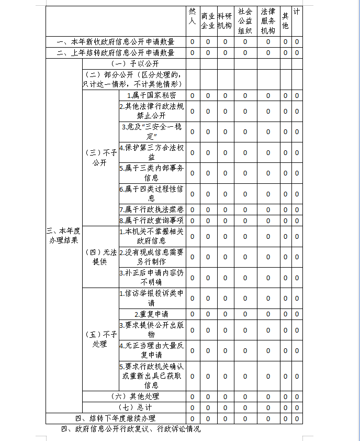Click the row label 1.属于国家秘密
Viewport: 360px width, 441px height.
152,95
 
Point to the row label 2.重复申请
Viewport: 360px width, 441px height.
152,314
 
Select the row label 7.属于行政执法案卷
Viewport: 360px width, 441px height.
152,210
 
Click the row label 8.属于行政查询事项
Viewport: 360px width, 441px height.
152,220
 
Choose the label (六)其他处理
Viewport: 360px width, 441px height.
133,396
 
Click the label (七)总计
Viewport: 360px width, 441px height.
133,407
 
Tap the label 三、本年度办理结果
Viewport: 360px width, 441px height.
63,235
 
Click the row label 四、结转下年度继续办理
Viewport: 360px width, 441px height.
115,418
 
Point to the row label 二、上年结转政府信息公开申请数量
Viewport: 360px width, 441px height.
115,52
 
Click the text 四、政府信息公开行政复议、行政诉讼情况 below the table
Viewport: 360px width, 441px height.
131,429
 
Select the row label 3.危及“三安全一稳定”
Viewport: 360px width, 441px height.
152,131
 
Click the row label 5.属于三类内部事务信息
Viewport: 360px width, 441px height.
152,173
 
